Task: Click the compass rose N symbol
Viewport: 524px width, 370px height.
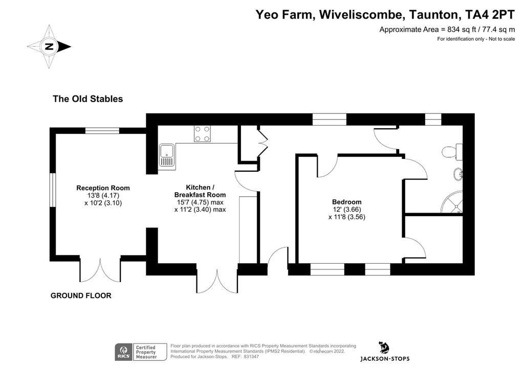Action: (x=49, y=47)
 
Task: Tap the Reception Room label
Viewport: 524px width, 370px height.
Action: (x=103, y=188)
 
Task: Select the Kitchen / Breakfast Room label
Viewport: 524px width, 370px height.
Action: (x=200, y=191)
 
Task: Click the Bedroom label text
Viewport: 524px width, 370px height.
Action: (x=346, y=202)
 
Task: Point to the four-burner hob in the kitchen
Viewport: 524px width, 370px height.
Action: (x=203, y=133)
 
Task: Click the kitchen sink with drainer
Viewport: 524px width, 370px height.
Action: (x=167, y=155)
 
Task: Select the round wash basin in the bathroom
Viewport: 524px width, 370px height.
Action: (x=458, y=174)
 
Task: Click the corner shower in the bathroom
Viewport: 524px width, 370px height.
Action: (x=452, y=201)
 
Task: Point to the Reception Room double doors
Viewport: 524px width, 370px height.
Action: (x=100, y=270)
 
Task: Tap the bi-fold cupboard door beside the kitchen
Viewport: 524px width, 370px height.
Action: (x=263, y=142)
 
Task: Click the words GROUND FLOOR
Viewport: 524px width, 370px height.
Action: (x=81, y=295)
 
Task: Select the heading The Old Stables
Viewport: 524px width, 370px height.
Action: (x=88, y=99)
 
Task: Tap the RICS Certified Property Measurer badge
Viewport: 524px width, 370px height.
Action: (x=141, y=352)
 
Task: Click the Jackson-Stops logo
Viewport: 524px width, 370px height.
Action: (x=385, y=351)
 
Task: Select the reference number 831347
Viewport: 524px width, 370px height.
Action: (x=251, y=357)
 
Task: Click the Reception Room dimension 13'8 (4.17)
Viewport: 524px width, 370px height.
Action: (x=103, y=196)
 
